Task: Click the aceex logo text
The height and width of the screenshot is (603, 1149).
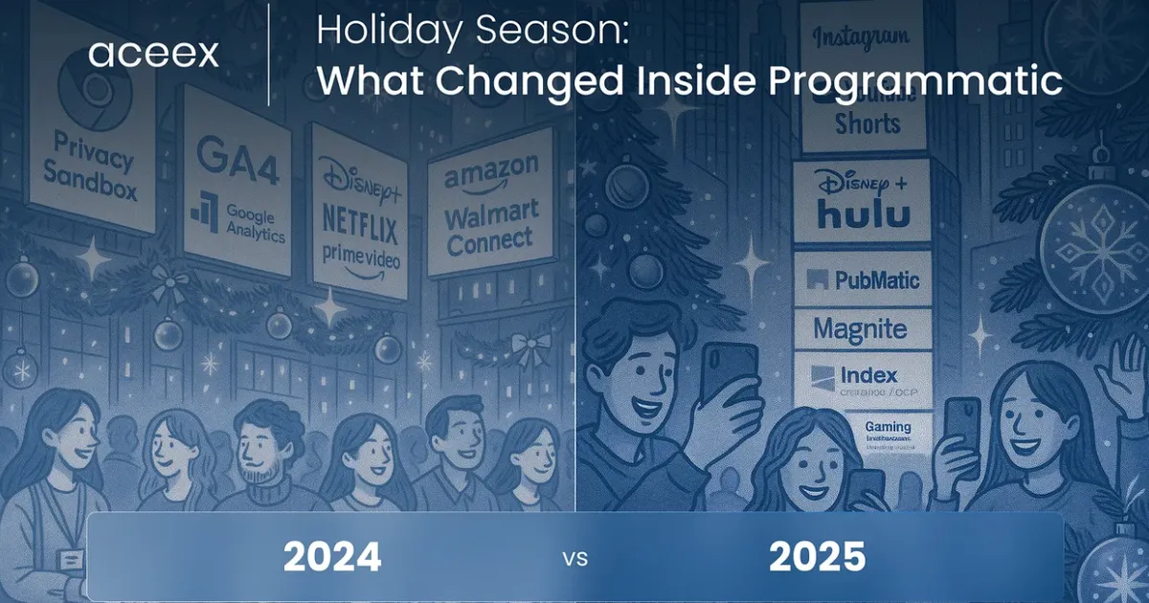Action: click(153, 54)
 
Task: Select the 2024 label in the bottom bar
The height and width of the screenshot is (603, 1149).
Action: click(332, 556)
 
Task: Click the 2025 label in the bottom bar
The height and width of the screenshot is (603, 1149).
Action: click(816, 556)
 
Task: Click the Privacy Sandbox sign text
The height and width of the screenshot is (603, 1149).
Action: click(94, 168)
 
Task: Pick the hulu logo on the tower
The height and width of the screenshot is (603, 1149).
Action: click(864, 214)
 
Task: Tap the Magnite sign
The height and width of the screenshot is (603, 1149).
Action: click(859, 330)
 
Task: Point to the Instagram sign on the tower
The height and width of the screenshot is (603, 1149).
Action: click(861, 37)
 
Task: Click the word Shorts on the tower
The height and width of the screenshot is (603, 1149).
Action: click(867, 123)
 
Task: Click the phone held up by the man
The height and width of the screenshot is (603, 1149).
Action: click(725, 373)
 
